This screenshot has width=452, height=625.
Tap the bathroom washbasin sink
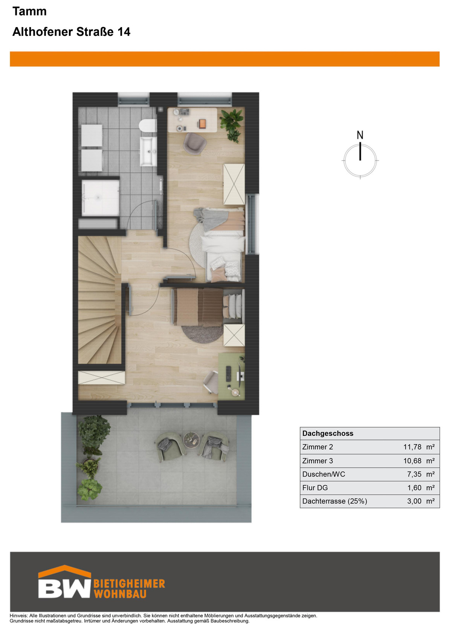click(148, 151)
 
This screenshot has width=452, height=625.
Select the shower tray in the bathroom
click(101, 198)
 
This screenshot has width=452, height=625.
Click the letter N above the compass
click(360, 135)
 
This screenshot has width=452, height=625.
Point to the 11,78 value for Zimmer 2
click(412, 447)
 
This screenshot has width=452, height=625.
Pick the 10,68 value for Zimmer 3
click(412, 461)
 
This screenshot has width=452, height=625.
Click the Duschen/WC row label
click(324, 474)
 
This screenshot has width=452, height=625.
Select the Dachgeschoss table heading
click(328, 433)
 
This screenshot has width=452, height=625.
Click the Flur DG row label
click(315, 487)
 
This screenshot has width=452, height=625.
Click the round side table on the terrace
click(191, 440)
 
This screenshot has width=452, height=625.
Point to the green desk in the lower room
click(231, 376)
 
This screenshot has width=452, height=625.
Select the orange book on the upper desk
click(202, 123)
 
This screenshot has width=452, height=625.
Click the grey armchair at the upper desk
click(195, 144)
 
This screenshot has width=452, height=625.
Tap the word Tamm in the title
click(30, 11)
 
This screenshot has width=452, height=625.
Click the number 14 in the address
click(124, 32)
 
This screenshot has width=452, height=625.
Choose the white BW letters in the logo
click(64, 589)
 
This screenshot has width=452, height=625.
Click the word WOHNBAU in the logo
click(120, 594)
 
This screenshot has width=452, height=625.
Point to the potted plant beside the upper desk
click(231, 125)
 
